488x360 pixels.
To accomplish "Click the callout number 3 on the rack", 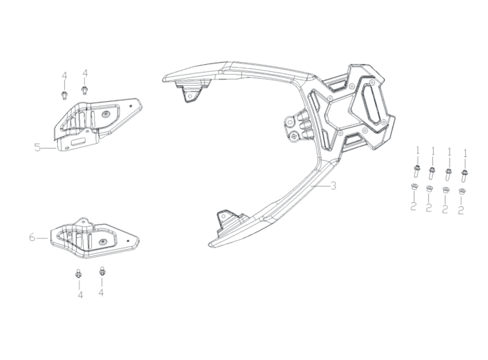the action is pyautogui.click(x=333, y=186).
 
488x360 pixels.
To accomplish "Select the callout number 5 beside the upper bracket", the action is pyautogui.click(x=38, y=147).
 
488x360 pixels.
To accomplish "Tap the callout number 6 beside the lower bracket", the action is pyautogui.click(x=32, y=238).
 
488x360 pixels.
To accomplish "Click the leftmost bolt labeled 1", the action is pyautogui.click(x=415, y=172).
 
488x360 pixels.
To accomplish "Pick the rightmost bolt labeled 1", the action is pyautogui.click(x=464, y=175).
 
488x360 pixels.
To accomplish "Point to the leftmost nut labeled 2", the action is pyautogui.click(x=413, y=188).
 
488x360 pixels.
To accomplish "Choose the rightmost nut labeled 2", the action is pyautogui.click(x=462, y=192).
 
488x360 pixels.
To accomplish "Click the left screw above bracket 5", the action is pyautogui.click(x=64, y=96).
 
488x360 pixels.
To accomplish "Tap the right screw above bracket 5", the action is pyautogui.click(x=84, y=90).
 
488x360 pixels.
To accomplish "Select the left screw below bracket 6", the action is pyautogui.click(x=78, y=273).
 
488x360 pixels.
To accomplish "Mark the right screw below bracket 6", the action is pyautogui.click(x=102, y=271).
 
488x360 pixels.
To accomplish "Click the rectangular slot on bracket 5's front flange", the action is pyautogui.click(x=79, y=142).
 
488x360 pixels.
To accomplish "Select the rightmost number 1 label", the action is pyautogui.click(x=466, y=153).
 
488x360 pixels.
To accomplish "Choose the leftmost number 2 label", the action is pyautogui.click(x=413, y=206).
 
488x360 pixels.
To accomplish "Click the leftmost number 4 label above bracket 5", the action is pyautogui.click(x=64, y=75).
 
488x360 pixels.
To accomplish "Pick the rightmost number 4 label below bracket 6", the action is pyautogui.click(x=101, y=293).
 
